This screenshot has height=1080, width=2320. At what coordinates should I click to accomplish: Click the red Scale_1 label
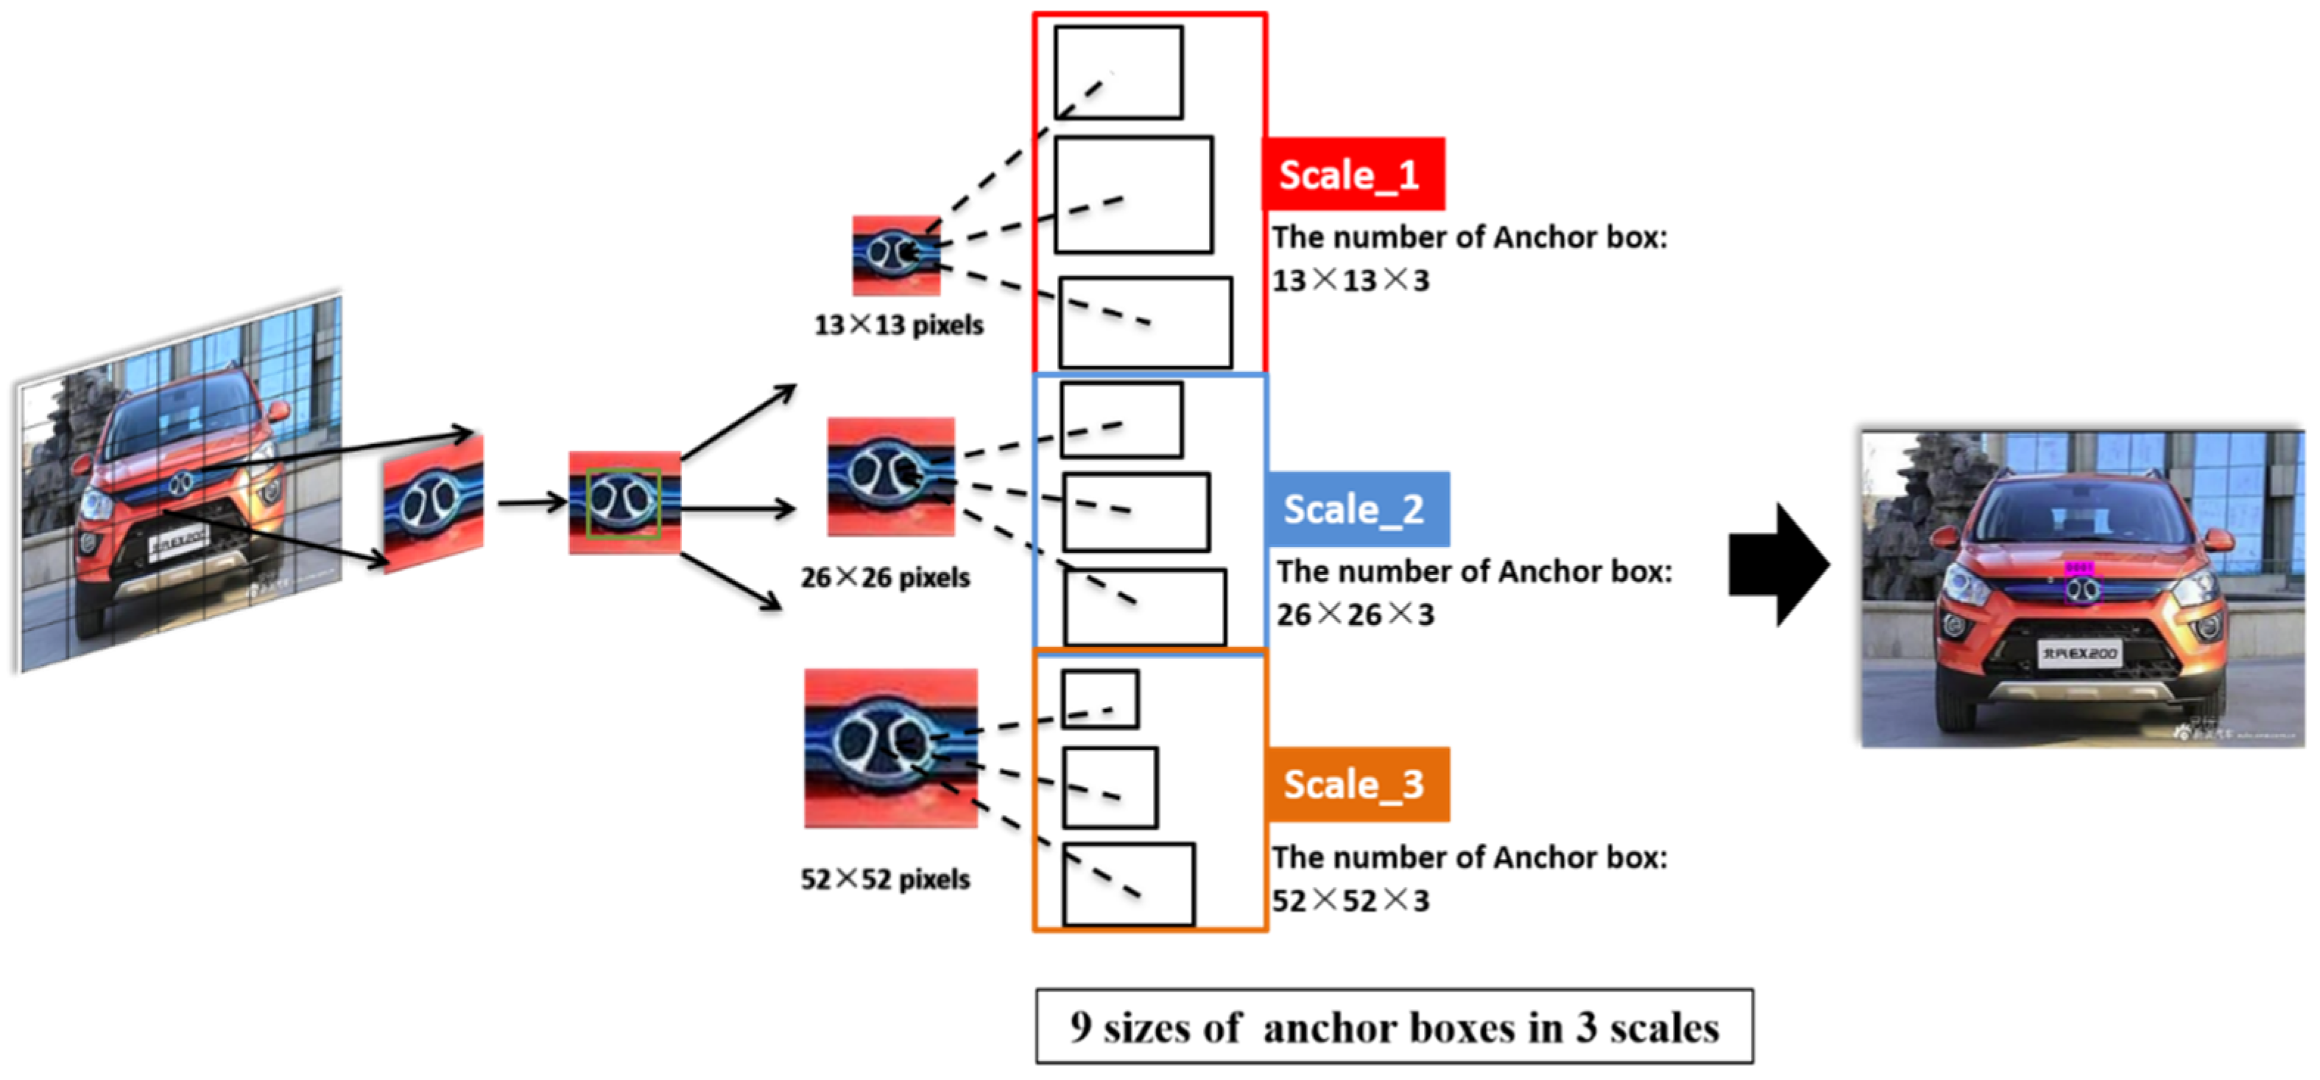pos(1353,174)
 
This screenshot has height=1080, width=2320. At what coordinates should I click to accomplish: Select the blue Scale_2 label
pos(1356,509)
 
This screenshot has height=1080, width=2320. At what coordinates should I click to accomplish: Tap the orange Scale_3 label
pos(1356,783)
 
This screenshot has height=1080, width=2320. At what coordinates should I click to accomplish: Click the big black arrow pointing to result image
pos(1778,565)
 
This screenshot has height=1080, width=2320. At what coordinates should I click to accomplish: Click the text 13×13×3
pos(1350,280)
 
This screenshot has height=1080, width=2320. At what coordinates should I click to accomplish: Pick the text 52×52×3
pos(1350,900)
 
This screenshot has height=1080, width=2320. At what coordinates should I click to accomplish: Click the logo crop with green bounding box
pos(624,503)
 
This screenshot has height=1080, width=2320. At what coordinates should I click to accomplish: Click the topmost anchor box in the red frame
pos(1118,72)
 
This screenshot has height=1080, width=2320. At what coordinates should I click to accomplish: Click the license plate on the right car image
pos(2079,653)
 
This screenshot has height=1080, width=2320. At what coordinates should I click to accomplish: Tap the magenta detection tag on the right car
pos(2078,568)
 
